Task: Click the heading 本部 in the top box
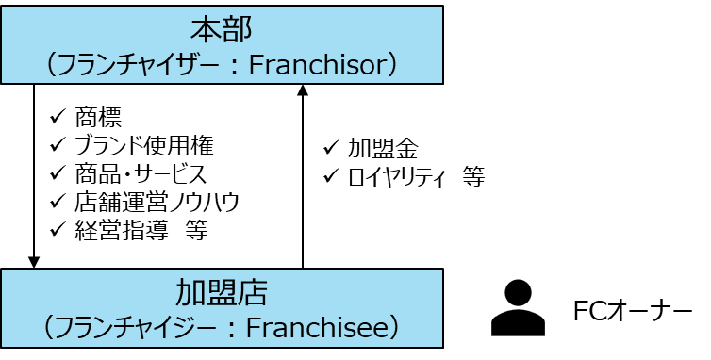pos(222,30)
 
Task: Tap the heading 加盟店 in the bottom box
pos(222,292)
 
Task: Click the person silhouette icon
pos(518,308)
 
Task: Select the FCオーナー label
pos(633,312)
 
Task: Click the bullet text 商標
pos(98,118)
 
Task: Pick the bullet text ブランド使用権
pos(143,145)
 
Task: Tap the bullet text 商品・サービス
pos(141,174)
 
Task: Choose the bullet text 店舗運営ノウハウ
pos(157,203)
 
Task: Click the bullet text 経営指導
pos(121,230)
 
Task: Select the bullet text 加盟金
pos(383,149)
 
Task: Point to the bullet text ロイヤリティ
pos(396,177)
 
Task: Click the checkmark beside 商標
pos(58,117)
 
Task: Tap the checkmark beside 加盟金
pos(332,147)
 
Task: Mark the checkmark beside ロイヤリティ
pos(332,175)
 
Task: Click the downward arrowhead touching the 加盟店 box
pos(34,262)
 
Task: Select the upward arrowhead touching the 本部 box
pos(303,90)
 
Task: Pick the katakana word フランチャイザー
pos(138,65)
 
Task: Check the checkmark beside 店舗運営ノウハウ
pos(58,201)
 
